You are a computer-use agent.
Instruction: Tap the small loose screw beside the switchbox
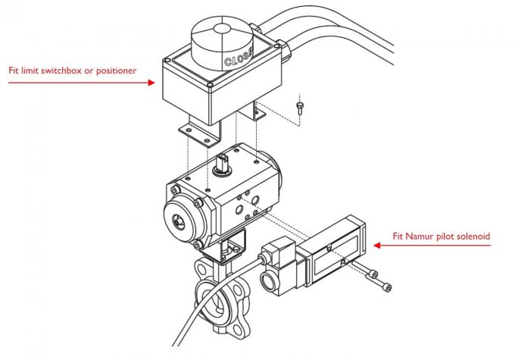point(301,105)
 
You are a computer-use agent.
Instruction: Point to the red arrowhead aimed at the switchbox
point(154,83)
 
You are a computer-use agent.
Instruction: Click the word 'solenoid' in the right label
point(471,236)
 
